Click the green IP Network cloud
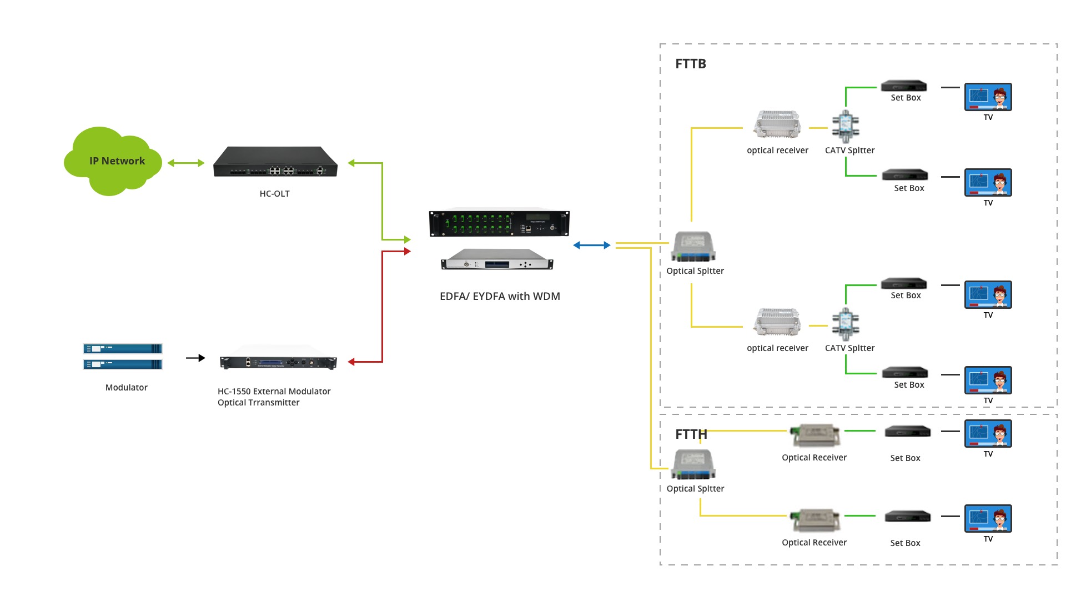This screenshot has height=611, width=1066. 113,161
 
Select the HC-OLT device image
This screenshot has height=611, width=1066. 275,162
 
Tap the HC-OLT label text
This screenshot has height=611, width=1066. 274,194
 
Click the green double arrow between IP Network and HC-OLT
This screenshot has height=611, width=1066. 186,163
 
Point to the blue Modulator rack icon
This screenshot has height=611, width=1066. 123,357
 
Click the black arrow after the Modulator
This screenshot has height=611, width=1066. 195,358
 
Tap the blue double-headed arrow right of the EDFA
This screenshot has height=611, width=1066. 592,245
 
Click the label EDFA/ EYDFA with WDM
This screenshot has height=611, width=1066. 500,297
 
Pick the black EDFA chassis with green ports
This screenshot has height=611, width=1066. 499,223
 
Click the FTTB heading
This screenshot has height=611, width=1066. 691,64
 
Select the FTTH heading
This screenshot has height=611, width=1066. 691,434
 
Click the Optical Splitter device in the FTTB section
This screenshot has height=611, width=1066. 693,247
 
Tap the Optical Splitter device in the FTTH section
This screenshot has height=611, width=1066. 693,464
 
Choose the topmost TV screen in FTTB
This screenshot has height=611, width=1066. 988,97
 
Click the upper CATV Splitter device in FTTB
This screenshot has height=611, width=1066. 846,127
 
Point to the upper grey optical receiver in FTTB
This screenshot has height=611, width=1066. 777,124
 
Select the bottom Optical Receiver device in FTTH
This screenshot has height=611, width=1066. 815,520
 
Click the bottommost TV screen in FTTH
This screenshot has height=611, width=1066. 988,518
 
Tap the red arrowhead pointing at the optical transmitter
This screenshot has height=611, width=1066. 351,362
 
